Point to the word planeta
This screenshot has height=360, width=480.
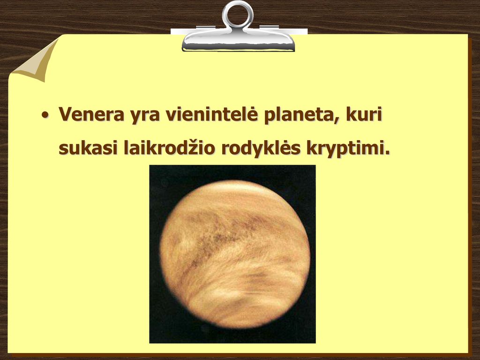[298, 115]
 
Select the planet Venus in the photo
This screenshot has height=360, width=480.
[235, 254]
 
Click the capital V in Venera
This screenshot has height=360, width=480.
[66, 114]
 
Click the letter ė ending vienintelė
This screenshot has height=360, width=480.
[252, 113]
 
